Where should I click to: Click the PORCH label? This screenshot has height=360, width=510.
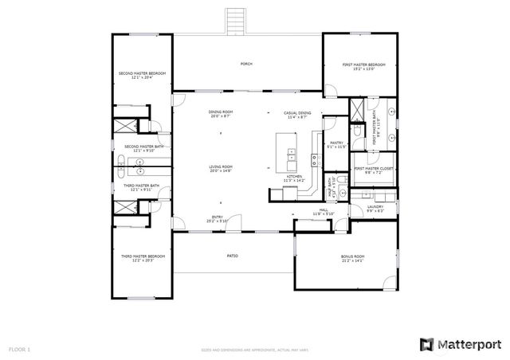(x=246, y=63)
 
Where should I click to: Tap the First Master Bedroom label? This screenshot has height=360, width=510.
(x=364, y=66)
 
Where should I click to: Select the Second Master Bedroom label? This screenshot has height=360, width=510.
(x=142, y=75)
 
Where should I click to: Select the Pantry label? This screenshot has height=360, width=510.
(x=336, y=144)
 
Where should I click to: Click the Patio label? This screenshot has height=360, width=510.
(x=233, y=256)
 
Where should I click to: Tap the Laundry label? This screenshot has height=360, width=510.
(x=375, y=209)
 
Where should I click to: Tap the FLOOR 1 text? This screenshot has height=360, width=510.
(x=20, y=349)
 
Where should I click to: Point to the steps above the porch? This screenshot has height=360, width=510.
(x=234, y=21)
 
